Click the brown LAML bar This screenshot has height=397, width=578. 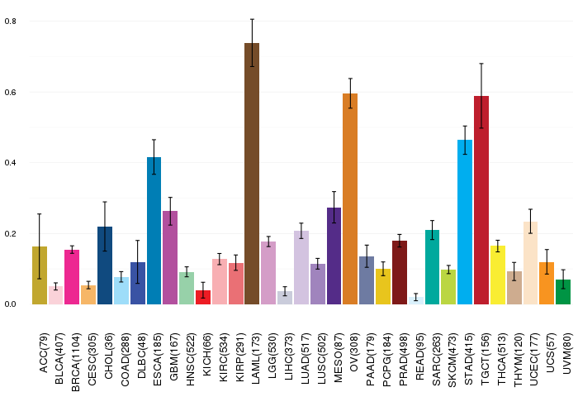point(252,174)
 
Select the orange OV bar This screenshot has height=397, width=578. point(350,199)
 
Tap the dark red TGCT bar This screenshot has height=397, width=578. point(481,200)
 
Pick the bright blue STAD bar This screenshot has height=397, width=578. point(465,222)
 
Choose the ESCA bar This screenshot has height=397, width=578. point(154,231)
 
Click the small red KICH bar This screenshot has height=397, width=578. point(203,297)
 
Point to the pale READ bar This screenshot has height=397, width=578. point(416,300)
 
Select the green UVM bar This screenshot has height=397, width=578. point(563,292)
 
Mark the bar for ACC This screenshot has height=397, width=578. point(40,275)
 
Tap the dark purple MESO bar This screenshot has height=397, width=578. point(334,256)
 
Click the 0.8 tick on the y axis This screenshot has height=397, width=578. point(11,21)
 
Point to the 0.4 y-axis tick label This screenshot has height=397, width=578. point(11,162)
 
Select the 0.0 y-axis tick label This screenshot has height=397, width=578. point(11,304)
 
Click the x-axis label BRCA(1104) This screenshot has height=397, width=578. point(75,362)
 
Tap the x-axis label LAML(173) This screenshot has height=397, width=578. point(255,358)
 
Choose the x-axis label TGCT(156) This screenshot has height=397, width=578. point(485,359)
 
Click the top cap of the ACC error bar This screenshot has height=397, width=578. point(40,214)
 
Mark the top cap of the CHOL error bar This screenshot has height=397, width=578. point(105,202)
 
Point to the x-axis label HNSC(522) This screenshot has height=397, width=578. point(190,359)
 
